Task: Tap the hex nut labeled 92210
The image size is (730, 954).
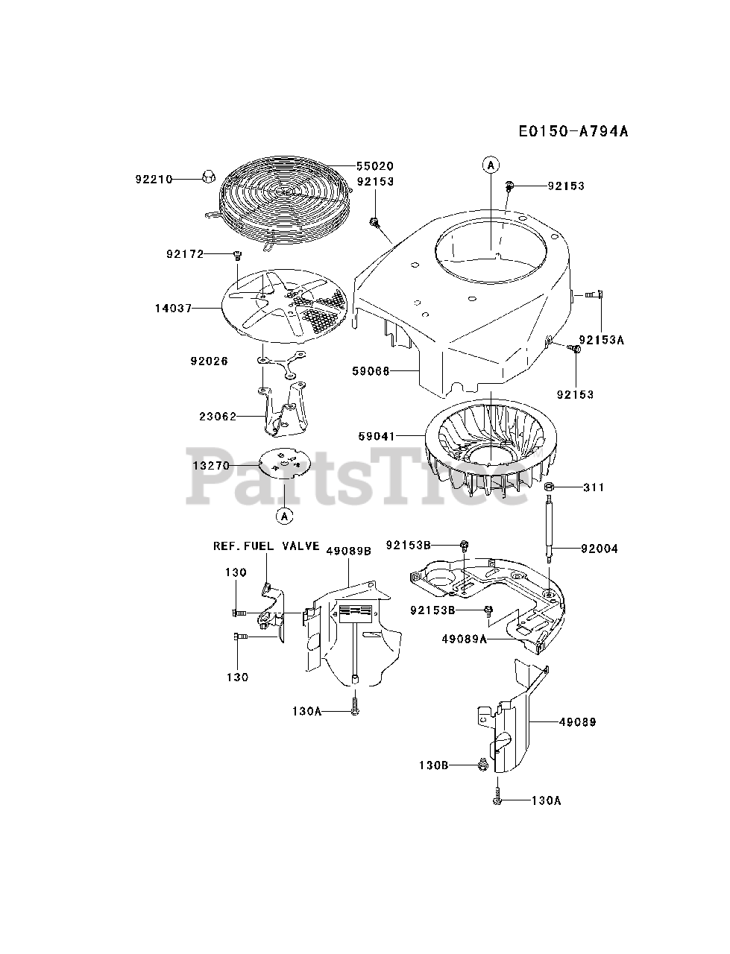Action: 209,177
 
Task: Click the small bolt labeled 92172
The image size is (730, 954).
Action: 237,256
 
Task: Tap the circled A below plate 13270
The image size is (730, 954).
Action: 284,514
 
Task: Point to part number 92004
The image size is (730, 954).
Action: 600,549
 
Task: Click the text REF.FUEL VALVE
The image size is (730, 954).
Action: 266,546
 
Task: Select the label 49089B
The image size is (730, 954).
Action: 348,551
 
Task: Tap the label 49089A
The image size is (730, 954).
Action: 464,639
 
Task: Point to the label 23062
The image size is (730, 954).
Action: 218,417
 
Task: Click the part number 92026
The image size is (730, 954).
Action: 209,361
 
